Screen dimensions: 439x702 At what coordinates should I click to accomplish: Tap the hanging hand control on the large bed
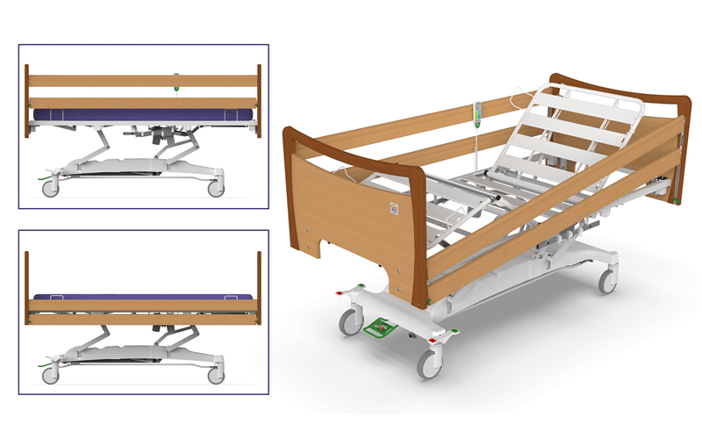(x=478, y=113)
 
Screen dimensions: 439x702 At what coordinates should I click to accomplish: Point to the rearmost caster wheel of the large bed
(x=606, y=280)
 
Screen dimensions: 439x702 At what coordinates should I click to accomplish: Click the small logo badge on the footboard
(x=392, y=210)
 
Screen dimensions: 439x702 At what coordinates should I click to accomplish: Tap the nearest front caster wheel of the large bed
(x=429, y=363)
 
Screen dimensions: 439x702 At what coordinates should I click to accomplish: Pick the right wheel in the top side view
(x=214, y=188)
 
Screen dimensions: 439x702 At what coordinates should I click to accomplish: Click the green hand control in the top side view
(x=176, y=85)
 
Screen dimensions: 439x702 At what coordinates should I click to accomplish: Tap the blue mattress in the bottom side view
(x=140, y=297)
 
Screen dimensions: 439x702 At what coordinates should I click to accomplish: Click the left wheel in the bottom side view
(x=50, y=375)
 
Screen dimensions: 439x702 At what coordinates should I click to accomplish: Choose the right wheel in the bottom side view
(x=214, y=375)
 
